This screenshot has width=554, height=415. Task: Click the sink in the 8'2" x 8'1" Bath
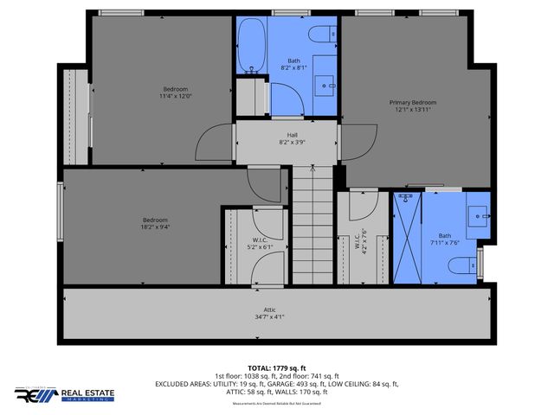coord(325,84)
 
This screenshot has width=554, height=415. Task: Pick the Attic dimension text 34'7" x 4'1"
coord(269,317)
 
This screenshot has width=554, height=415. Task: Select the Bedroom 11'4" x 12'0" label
coord(176,93)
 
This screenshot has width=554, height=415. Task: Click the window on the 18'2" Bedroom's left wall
coord(61,212)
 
